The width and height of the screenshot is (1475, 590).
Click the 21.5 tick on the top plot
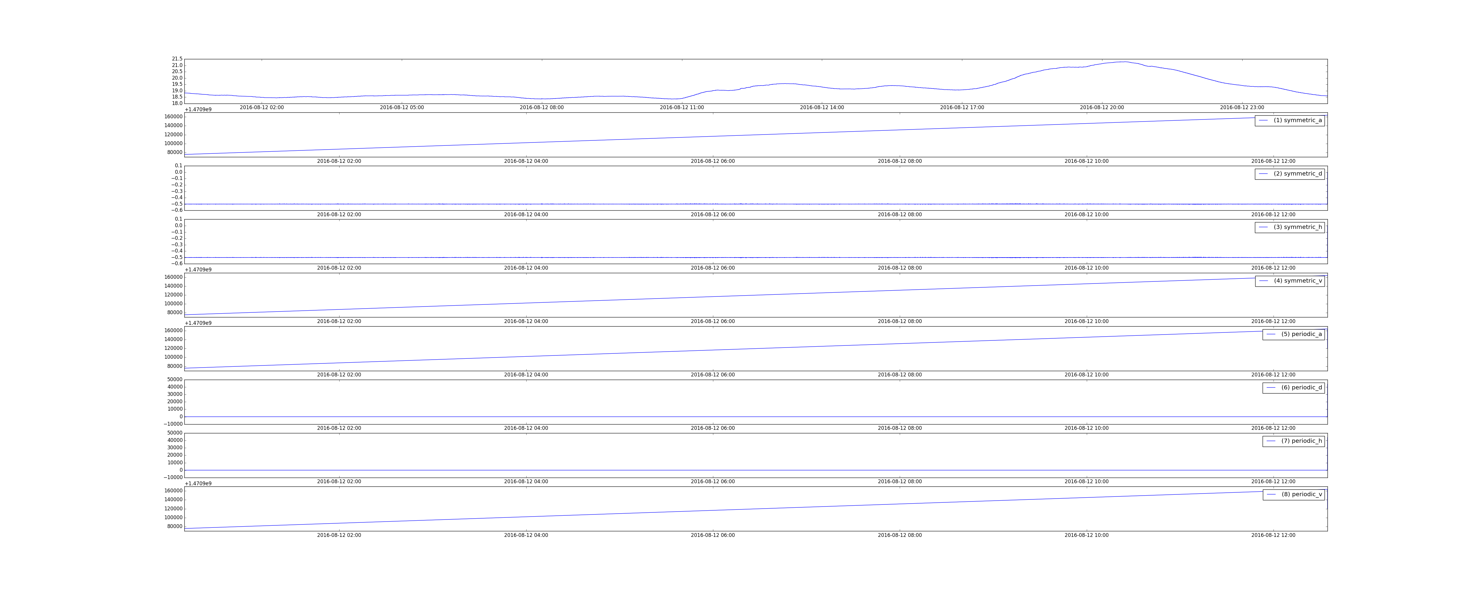coord(177,59)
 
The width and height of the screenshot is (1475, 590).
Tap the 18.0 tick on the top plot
coord(177,103)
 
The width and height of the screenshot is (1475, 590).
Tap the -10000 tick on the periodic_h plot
coord(173,477)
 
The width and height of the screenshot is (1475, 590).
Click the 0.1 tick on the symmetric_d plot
coord(179,165)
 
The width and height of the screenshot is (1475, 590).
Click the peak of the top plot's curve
coord(1124,62)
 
